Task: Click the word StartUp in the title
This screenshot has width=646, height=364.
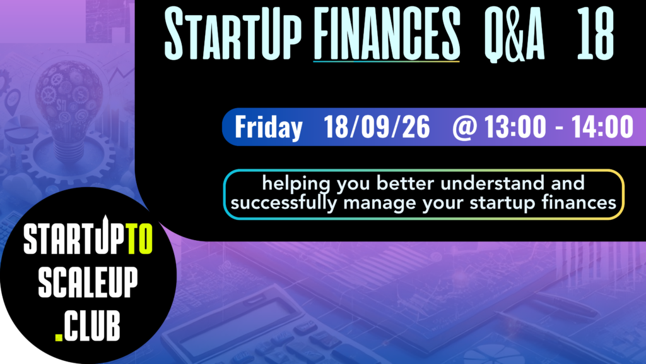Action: pos(233,34)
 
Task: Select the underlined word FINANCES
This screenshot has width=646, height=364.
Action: pos(387,34)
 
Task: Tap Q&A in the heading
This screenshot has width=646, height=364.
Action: pos(514,35)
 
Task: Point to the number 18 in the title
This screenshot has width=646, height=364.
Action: pos(596,34)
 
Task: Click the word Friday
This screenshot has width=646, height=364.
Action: pos(269,128)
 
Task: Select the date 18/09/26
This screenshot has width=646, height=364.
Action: pos(377,126)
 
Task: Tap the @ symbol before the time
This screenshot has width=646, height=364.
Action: pos(465,127)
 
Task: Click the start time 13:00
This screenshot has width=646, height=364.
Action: pos(515,126)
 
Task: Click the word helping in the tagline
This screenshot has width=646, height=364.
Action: pos(297,184)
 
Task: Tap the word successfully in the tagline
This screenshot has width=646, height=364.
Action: pos(283,203)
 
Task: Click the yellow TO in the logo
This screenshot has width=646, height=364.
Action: pos(140,239)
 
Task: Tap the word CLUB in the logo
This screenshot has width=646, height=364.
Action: pos(92,325)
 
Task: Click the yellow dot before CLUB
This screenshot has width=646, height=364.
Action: pos(59,337)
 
